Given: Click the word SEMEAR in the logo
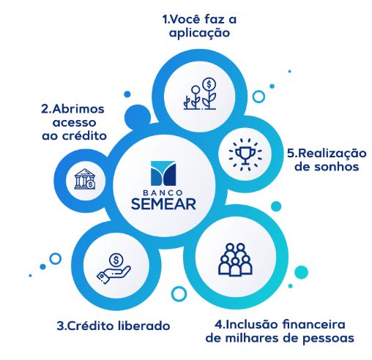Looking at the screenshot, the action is coord(163,204).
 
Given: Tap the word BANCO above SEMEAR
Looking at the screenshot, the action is coord(163,192).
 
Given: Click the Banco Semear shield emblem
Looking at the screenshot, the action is coord(163,173).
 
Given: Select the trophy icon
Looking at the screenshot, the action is coord(245,154).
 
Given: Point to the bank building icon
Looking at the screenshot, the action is coord(85,179).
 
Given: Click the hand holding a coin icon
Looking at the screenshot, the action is coord(114,269).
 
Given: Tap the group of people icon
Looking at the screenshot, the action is coord(235,260).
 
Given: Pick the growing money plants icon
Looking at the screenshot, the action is coord(200,94).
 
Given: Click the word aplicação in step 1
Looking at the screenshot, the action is coord(199,33).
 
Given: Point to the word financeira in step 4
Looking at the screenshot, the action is coord(314,324).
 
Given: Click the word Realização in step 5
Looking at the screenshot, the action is coord(332,154).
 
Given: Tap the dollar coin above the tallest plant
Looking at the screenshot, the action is coord(209,84).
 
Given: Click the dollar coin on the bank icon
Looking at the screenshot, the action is coord(91,184).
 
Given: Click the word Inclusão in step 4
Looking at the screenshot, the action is coord(250,324).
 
